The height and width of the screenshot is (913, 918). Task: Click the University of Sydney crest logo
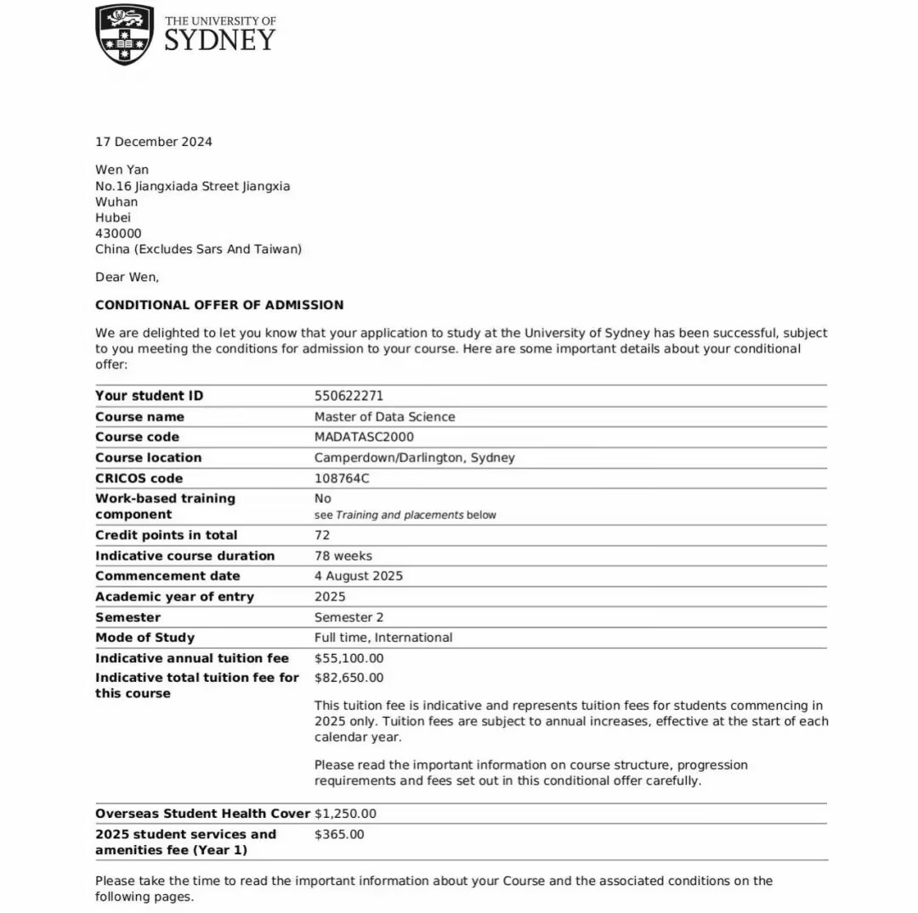125,34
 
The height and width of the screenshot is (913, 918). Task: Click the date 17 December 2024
154,142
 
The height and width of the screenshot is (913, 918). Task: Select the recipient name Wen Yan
122,170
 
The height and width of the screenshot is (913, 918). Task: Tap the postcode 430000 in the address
118,234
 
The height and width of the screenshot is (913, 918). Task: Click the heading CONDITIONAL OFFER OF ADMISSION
219,305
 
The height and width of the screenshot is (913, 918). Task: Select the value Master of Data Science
384,417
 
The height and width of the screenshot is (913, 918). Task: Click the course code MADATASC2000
364,437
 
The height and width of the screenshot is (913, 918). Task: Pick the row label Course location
148,458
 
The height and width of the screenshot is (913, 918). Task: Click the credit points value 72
322,535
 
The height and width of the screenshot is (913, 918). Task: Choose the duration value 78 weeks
343,556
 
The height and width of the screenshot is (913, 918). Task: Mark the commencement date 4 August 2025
359,577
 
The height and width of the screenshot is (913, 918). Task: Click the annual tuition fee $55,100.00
348,658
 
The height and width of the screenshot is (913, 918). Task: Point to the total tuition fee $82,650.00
348,678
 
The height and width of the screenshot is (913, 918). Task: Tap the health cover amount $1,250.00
345,814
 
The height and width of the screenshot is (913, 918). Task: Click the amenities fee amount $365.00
339,834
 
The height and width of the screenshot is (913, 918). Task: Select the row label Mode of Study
144,638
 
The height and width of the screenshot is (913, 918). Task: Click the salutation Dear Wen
127,277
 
